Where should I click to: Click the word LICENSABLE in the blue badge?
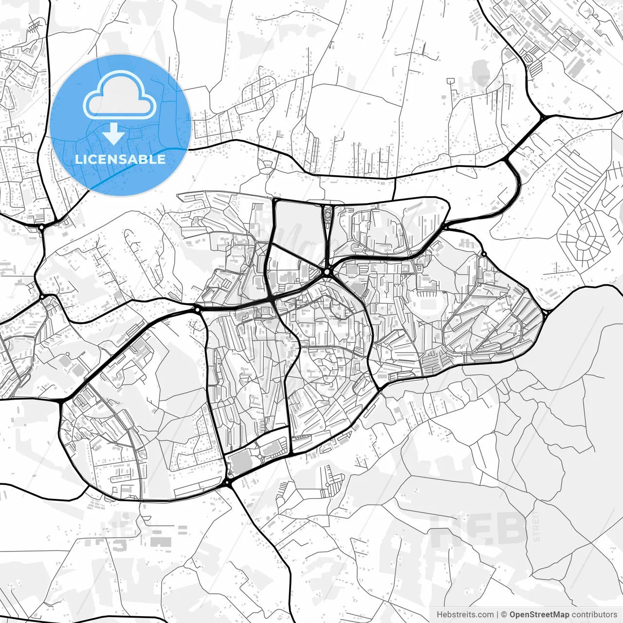[120, 159]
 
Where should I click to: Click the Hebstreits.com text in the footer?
[465, 615]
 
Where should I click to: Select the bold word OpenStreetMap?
[539, 615]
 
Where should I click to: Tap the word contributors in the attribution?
[594, 615]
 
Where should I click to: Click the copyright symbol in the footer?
[504, 615]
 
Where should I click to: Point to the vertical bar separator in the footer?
[497, 615]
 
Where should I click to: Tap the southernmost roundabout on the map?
[227, 482]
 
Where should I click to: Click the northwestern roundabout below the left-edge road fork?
[41, 226]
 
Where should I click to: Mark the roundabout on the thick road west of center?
[197, 309]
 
